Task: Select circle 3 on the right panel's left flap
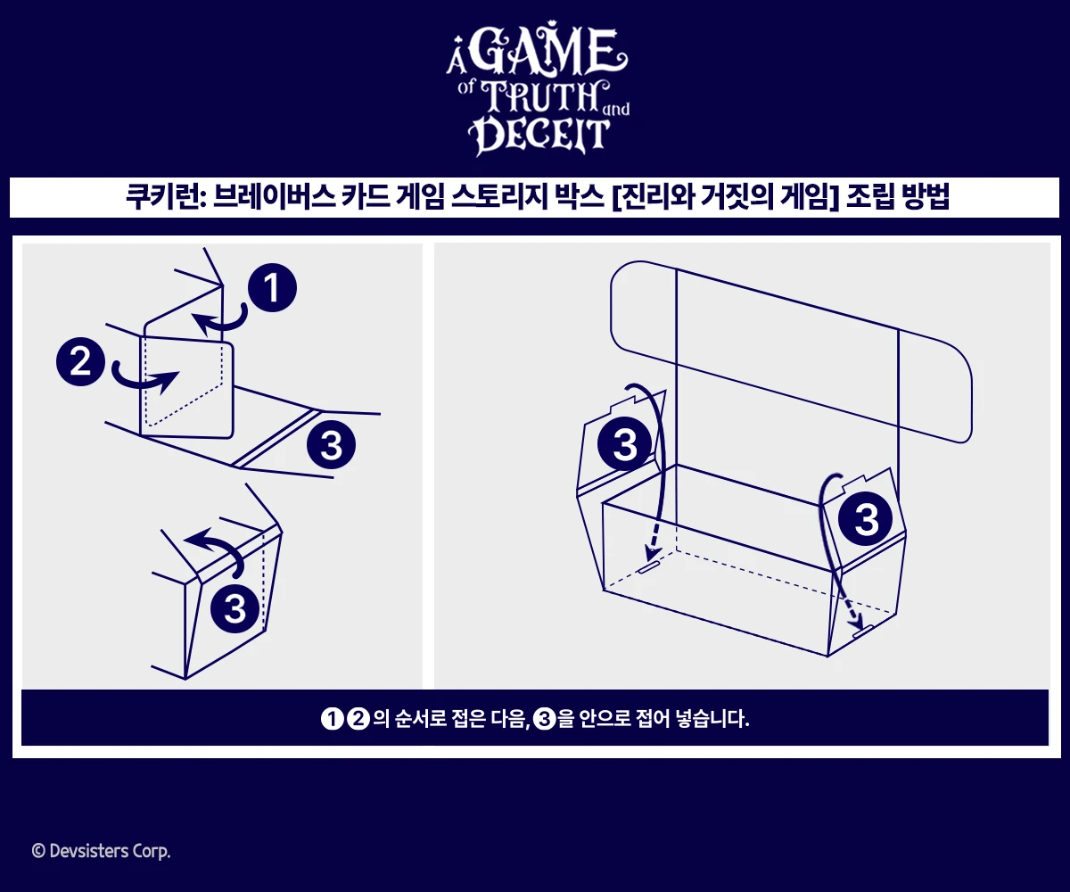[625, 443]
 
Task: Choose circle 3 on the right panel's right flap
[867, 519]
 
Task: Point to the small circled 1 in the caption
[332, 719]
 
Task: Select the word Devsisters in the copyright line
[86, 852]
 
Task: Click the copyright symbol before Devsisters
[37, 852]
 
